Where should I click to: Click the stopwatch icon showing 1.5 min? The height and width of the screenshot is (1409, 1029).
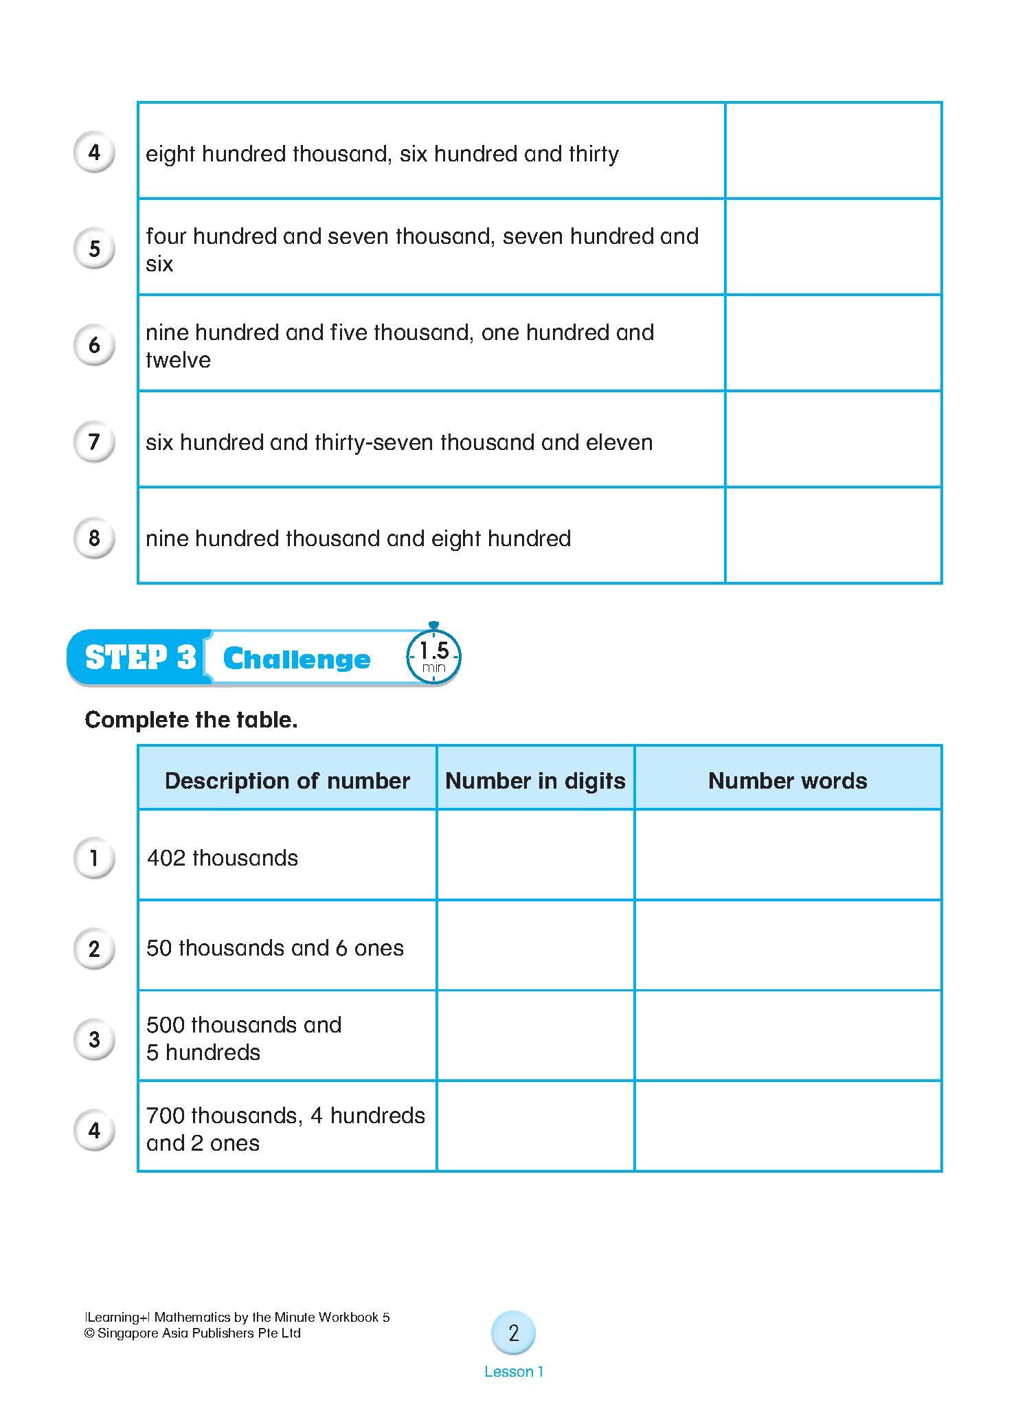click(433, 656)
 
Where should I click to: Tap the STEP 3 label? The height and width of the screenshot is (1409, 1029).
click(140, 657)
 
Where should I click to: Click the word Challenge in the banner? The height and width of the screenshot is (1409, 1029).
click(297, 659)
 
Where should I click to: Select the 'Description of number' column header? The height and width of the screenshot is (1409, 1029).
click(287, 780)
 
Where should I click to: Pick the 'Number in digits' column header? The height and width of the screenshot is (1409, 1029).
click(535, 780)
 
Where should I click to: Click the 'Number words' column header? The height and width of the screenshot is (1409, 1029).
click(787, 780)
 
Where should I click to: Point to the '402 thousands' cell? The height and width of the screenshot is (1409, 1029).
click(223, 858)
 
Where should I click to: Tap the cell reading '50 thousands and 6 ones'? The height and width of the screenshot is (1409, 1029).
click(275, 948)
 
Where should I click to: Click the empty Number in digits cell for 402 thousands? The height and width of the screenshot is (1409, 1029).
click(535, 855)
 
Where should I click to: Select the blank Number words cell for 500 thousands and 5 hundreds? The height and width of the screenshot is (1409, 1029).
click(787, 1036)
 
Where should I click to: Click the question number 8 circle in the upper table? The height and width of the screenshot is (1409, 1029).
click(94, 538)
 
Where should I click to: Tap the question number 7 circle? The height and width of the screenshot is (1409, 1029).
click(94, 441)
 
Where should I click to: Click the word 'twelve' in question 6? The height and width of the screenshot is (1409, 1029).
click(178, 360)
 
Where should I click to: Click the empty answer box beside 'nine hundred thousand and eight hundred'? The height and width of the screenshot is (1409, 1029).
click(833, 536)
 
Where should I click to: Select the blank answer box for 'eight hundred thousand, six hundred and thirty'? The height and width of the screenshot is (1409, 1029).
click(833, 151)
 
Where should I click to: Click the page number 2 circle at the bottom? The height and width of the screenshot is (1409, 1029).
click(513, 1333)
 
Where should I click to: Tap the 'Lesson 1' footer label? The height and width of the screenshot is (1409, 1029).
click(513, 1372)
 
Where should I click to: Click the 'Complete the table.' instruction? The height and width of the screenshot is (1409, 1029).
click(191, 720)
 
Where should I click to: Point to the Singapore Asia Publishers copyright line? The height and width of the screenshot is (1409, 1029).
click(192, 1333)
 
